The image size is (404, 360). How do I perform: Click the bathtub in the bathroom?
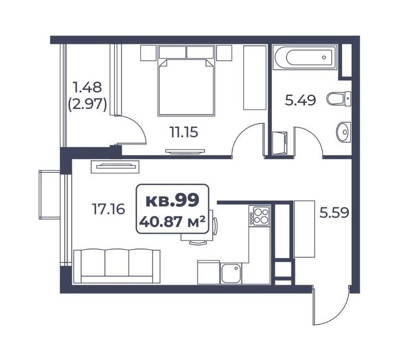click(305, 58)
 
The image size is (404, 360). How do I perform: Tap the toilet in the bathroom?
click(339, 98)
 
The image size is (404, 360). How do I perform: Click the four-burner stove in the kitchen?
click(259, 216)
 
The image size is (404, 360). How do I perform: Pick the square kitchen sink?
click(231, 273)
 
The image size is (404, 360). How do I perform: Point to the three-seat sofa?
click(117, 266)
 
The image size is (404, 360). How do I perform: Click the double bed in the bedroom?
click(186, 81)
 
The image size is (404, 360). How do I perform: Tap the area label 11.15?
click(184, 132)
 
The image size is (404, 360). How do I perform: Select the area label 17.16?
click(109, 209)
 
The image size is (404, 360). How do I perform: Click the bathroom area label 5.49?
click(300, 100)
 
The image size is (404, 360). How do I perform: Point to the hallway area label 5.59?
click(334, 213)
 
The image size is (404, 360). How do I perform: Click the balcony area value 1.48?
click(87, 87)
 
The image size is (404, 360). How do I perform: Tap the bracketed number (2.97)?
click(87, 105)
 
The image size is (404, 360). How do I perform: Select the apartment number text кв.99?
click(172, 200)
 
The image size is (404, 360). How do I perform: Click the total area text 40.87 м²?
click(172, 221)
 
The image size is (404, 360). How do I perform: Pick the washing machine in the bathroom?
click(280, 143)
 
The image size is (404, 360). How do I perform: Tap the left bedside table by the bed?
click(148, 53)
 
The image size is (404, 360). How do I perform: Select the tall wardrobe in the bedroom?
click(255, 78)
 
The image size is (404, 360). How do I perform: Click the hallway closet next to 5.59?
click(304, 229)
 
